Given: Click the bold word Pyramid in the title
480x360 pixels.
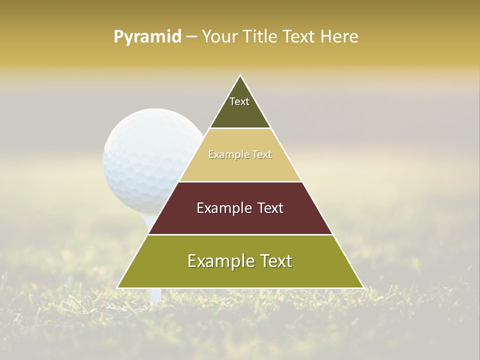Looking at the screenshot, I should pyautogui.click(x=147, y=37).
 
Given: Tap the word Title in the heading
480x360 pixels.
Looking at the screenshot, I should pyautogui.click(x=259, y=36).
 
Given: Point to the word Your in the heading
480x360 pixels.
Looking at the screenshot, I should pyautogui.click(x=219, y=36).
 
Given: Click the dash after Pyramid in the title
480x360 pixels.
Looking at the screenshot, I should pyautogui.click(x=191, y=37).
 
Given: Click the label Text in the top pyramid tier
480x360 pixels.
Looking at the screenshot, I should pyautogui.click(x=239, y=101).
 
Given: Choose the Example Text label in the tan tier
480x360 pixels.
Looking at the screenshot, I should pyautogui.click(x=240, y=155).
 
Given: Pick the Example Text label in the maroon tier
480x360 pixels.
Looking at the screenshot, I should pyautogui.click(x=240, y=208).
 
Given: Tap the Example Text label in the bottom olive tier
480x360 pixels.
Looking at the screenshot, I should pyautogui.click(x=240, y=261).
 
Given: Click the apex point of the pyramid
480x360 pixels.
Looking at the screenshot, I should pyautogui.click(x=240, y=75).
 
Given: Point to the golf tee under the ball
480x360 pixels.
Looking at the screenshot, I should pyautogui.click(x=155, y=295).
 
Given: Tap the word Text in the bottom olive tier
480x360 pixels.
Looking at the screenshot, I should pyautogui.click(x=272, y=261).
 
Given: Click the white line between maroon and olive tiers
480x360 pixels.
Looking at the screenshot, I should pyautogui.click(x=240, y=234).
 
